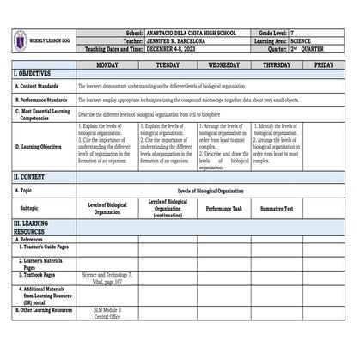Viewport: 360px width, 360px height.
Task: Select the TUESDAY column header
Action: [x=168, y=64]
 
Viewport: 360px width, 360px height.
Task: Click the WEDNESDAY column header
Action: [x=224, y=64]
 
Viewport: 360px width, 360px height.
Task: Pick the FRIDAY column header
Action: [x=324, y=64]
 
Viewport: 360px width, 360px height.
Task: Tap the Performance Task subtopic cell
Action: [x=224, y=209]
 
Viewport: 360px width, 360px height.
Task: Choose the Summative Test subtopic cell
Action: [x=277, y=209]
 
